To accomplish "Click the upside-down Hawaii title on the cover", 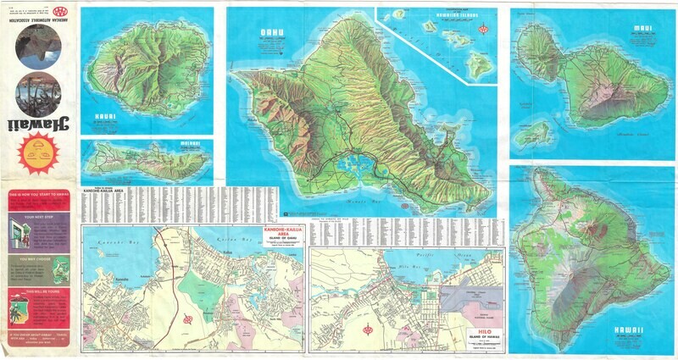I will click(38, 128).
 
